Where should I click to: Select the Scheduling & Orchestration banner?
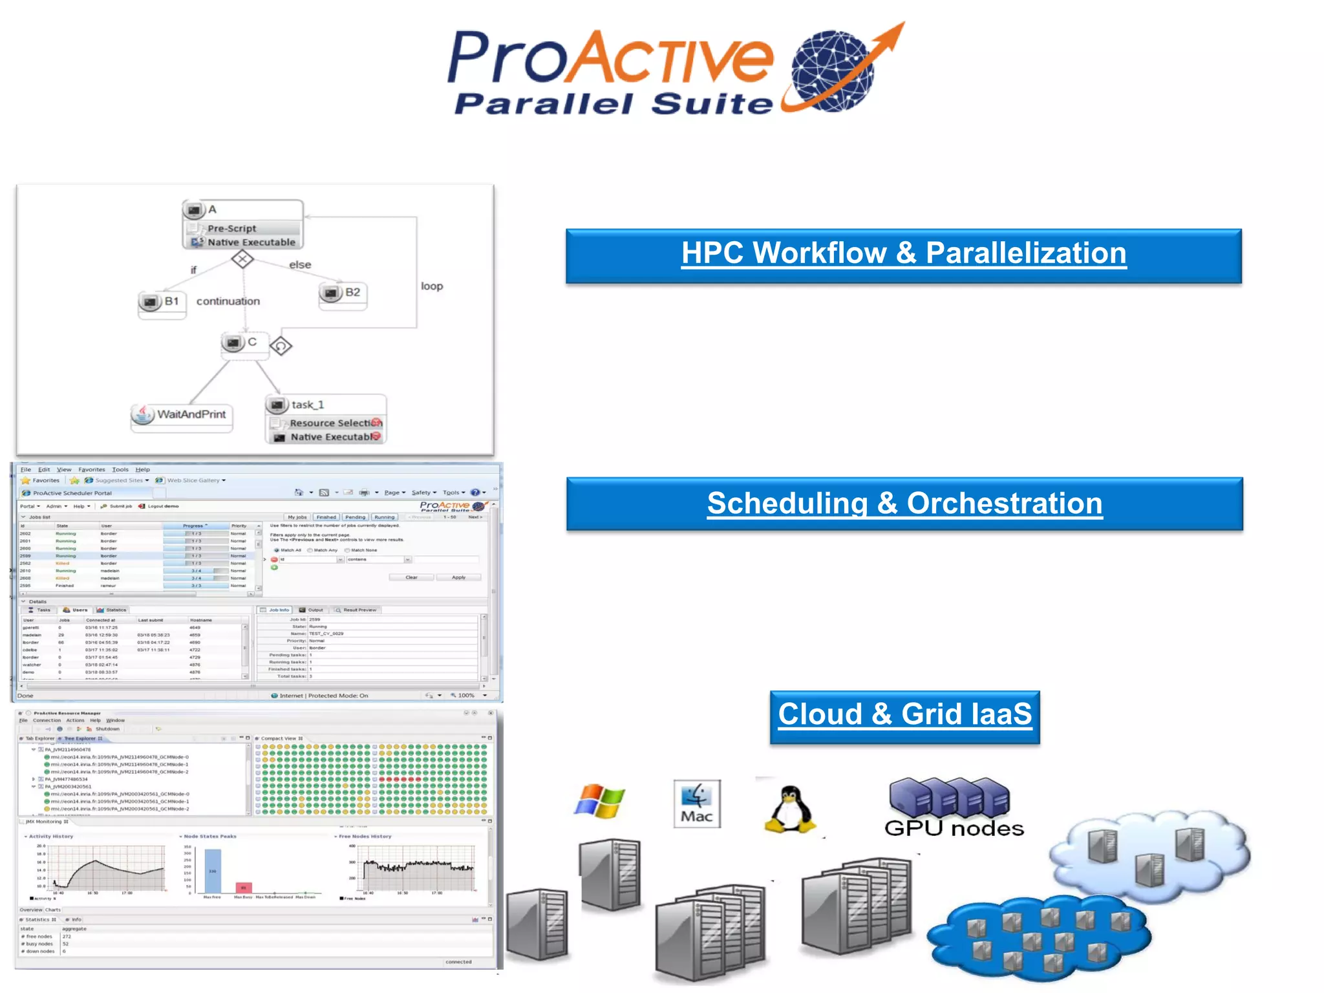click(904, 504)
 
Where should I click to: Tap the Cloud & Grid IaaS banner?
click(904, 716)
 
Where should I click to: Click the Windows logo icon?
click(599, 802)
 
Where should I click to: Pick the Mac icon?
click(696, 803)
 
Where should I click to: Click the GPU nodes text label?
click(954, 828)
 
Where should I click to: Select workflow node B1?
click(162, 302)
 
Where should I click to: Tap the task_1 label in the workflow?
click(307, 405)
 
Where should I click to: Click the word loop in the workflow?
click(432, 286)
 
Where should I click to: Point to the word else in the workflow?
click(300, 264)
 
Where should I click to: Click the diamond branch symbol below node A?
click(242, 259)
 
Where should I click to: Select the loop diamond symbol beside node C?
click(281, 346)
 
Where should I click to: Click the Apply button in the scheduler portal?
click(458, 577)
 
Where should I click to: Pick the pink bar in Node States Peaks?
click(243, 888)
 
